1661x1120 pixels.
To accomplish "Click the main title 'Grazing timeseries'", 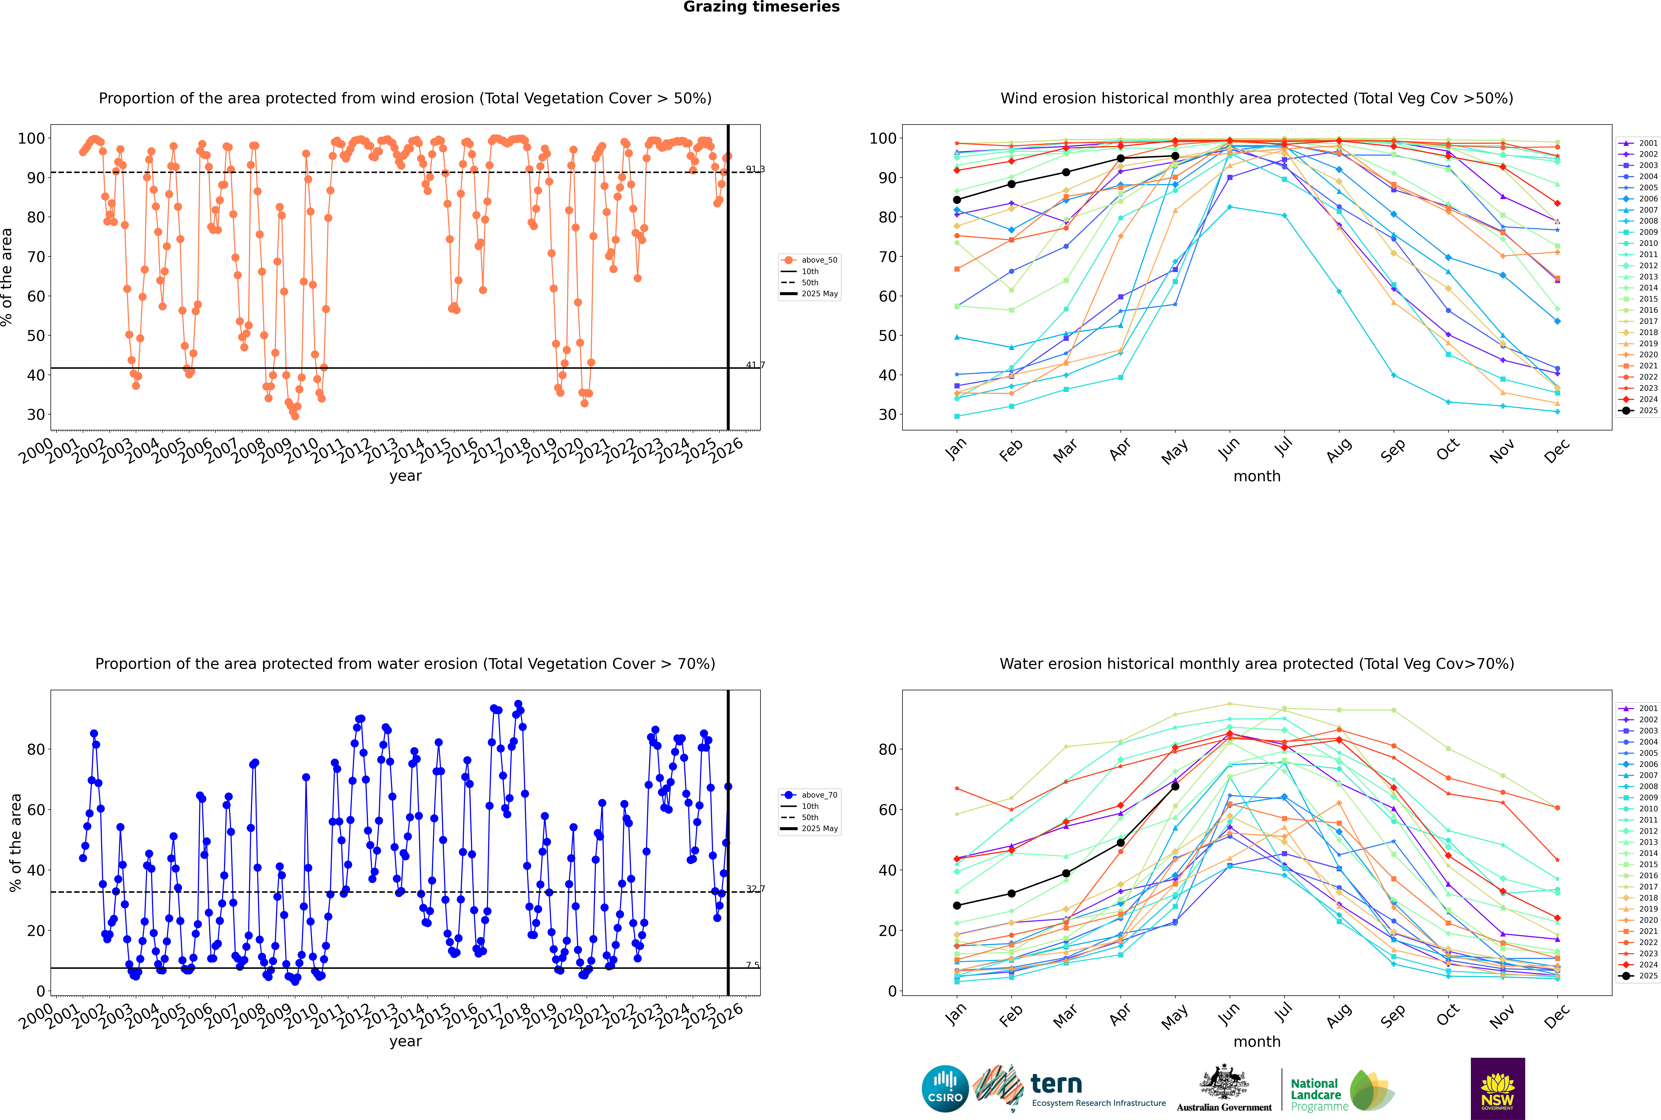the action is [x=761, y=7].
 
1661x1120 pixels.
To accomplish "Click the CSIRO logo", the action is [x=945, y=1089].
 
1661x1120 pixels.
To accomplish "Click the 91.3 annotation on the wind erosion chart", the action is [x=755, y=169].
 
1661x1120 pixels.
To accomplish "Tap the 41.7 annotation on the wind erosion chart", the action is [x=755, y=365].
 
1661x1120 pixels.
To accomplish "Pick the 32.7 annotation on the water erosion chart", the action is [x=755, y=888].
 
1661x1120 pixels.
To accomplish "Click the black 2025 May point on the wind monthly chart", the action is [x=1175, y=156].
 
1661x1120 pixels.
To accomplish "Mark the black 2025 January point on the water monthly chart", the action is [x=957, y=906].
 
